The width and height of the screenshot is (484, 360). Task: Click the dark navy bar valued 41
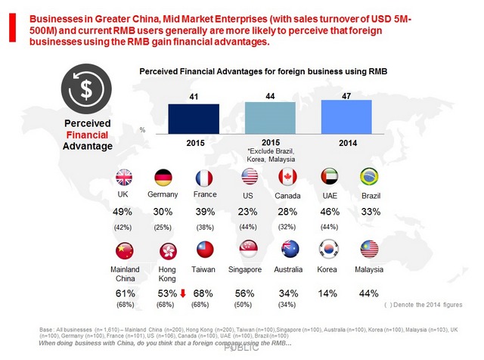pyautogui.click(x=194, y=118)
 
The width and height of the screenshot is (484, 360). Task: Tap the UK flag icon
pyautogui.click(x=124, y=177)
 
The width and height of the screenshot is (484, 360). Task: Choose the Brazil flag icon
pyautogui.click(x=369, y=177)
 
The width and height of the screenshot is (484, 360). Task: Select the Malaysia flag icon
pyautogui.click(x=369, y=249)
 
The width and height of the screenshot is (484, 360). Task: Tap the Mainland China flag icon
pyautogui.click(x=124, y=249)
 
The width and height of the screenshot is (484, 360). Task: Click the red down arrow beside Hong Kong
pyautogui.click(x=181, y=293)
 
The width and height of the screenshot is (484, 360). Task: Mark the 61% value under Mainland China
pyautogui.click(x=124, y=293)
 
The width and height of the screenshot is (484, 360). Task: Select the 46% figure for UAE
pyautogui.click(x=328, y=213)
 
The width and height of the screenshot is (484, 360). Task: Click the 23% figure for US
pyautogui.click(x=247, y=213)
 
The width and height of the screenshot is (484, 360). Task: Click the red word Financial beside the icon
pyautogui.click(x=88, y=133)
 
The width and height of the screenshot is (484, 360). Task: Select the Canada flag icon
pyautogui.click(x=287, y=177)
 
